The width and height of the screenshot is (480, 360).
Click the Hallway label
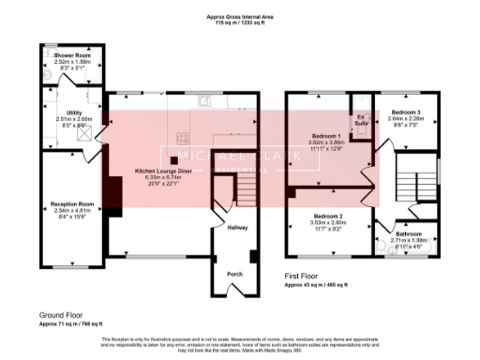[x=237, y=227]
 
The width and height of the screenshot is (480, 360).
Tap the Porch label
[x=237, y=275]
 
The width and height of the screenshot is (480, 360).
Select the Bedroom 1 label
[x=329, y=135]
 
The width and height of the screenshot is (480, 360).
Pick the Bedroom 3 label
[x=406, y=112]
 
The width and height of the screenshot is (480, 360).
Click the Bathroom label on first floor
[x=407, y=234]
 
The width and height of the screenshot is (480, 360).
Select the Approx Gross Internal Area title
[x=239, y=16]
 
